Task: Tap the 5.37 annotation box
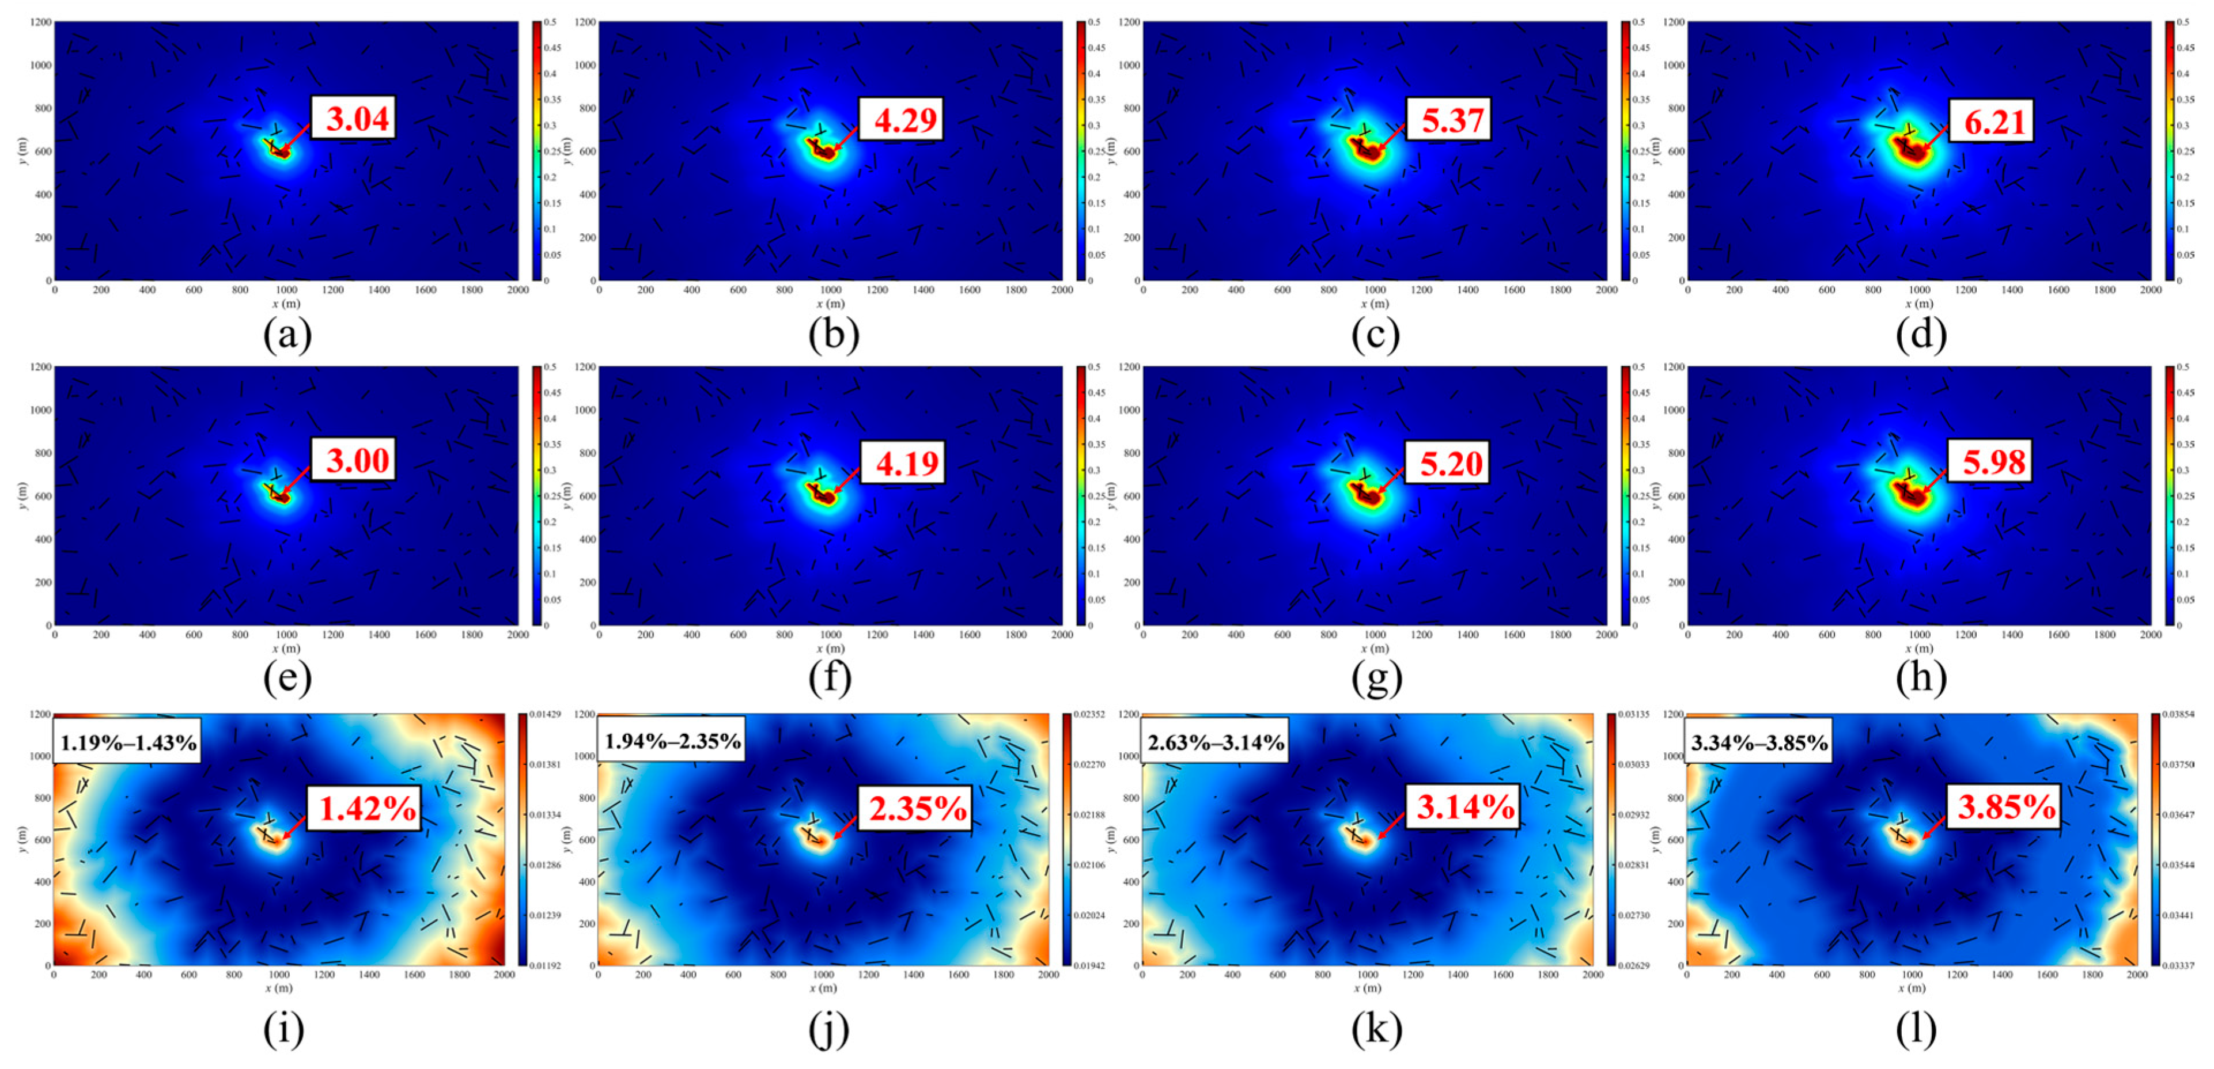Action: point(1448,119)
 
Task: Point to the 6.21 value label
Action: point(1992,120)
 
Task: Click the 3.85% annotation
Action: point(2003,806)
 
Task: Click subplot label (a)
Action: point(287,334)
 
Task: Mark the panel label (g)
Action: point(1375,678)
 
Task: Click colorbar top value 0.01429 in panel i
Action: point(544,715)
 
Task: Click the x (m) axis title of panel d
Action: point(1918,304)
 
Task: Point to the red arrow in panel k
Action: point(1391,825)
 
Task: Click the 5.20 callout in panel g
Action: point(1448,463)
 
